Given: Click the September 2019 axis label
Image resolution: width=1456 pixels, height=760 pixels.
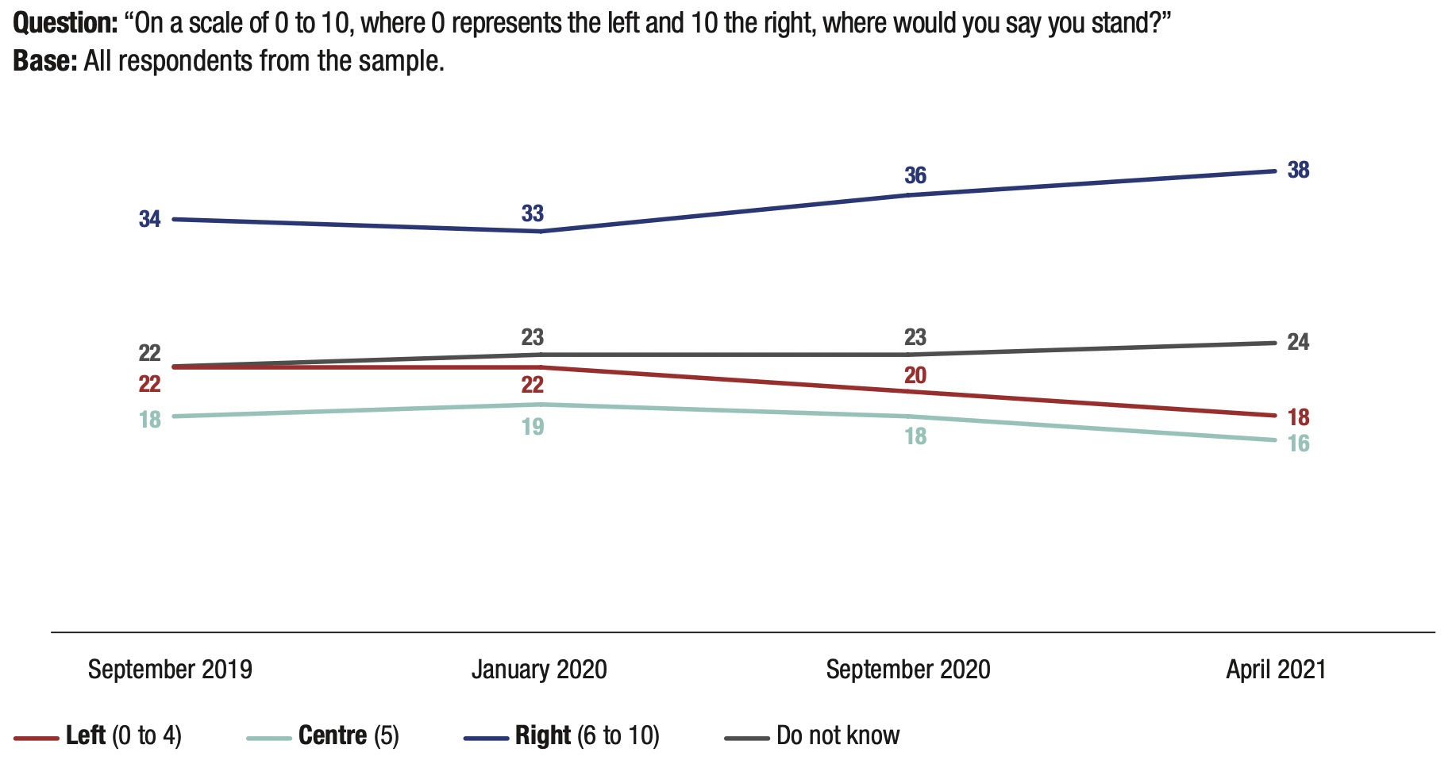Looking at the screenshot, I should [170, 670].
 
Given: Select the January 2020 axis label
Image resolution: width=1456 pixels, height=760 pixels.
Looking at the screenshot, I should [539, 670].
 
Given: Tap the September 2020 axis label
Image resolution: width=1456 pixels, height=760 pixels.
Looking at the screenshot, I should [908, 670].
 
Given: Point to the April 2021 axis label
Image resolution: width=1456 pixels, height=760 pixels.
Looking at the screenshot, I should [1276, 670].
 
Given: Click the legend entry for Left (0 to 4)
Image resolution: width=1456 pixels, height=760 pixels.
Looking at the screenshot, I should [123, 735].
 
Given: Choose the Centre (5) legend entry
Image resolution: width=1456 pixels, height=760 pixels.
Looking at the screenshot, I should [348, 735].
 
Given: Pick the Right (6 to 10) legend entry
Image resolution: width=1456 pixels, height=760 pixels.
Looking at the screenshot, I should [587, 735].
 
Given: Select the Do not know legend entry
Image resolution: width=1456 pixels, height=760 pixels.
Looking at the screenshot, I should [838, 735].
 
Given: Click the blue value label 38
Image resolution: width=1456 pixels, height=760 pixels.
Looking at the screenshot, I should [1298, 170].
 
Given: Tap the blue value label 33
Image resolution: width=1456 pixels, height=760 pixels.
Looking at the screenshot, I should [533, 213].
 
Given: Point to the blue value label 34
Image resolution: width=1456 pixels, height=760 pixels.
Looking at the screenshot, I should [150, 219].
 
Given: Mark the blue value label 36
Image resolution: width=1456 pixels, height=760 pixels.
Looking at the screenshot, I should [915, 175].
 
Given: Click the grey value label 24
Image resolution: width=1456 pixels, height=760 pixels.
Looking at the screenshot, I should [1298, 342].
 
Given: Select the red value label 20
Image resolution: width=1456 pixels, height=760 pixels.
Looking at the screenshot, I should [915, 375].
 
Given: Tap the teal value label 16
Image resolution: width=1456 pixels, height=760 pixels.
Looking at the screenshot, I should [1298, 443].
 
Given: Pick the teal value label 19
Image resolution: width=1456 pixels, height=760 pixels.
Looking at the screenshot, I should [533, 427].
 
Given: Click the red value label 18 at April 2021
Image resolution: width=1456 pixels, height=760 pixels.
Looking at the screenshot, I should [1298, 417].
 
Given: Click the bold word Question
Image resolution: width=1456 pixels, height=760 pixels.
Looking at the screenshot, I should [66, 23].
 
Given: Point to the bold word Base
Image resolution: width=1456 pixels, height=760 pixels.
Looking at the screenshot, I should [44, 61].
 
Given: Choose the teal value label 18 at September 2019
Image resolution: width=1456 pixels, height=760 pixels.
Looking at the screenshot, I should [150, 420].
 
